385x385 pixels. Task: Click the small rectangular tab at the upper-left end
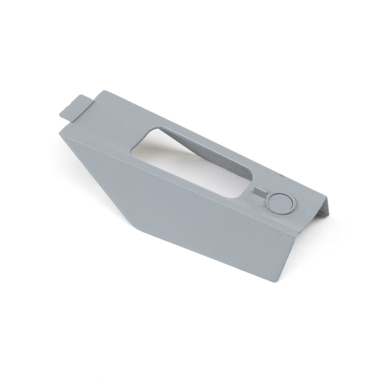76,106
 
